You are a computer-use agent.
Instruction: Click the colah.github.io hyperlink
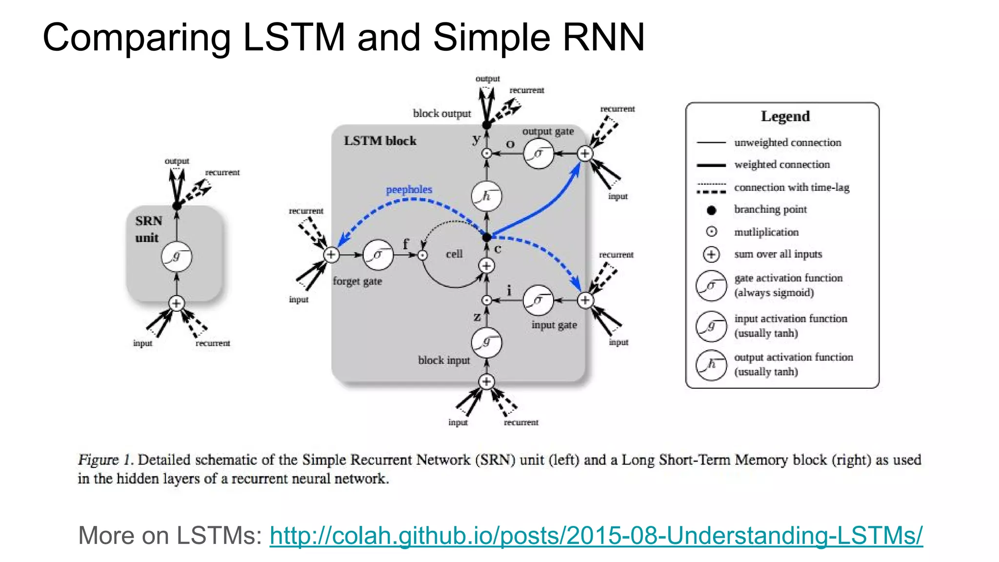point(596,536)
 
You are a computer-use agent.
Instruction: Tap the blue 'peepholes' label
point(409,189)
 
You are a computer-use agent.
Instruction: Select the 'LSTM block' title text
point(380,141)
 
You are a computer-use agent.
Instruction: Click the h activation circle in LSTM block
point(486,196)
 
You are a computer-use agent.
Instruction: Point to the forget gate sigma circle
point(378,255)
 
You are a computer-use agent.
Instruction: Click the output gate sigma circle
point(538,154)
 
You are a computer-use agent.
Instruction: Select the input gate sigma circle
point(538,301)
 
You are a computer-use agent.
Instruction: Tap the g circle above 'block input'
point(486,343)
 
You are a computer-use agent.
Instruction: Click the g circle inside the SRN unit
point(177,257)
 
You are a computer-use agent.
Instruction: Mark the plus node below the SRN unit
point(177,303)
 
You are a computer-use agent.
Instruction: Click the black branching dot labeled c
point(486,237)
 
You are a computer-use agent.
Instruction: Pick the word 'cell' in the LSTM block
point(454,254)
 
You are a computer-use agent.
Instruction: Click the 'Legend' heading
point(785,116)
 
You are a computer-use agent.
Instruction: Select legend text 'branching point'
point(770,209)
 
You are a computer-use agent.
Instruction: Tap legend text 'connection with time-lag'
point(791,187)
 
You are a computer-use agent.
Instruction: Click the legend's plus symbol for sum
point(711,254)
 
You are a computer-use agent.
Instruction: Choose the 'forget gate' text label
point(357,281)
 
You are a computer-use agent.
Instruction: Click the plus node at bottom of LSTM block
point(486,381)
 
